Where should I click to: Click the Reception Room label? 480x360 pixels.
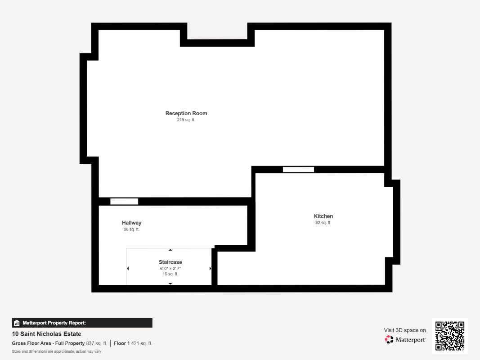coord(186,113)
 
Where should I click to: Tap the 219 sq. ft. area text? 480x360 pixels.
coord(186,120)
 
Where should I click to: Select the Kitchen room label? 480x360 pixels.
coord(323,216)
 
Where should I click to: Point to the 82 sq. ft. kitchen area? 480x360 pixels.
coord(323,223)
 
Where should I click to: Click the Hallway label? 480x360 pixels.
coord(132,223)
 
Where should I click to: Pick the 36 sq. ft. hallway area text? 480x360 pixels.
coord(132,229)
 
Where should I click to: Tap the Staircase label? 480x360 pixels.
coord(170,262)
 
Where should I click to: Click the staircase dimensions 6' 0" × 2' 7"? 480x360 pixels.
coord(170,269)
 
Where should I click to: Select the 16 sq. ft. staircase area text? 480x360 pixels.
coord(170,274)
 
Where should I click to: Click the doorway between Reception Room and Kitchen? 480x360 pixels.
coord(298,170)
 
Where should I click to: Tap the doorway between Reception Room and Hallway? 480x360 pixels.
coord(124,202)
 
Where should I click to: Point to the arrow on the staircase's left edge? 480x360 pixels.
coord(128,269)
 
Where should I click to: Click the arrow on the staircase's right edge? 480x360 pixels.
coord(210,269)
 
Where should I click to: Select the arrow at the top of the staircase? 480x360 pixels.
coord(170,250)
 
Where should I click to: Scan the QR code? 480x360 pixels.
coord(450,336)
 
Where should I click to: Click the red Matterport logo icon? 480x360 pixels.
coord(389,339)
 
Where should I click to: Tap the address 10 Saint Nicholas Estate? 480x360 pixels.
coord(46,334)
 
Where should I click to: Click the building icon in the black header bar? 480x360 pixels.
coord(17,323)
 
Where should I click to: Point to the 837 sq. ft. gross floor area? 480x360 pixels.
coord(96,343)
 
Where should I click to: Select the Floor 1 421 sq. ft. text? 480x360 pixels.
coord(133,343)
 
